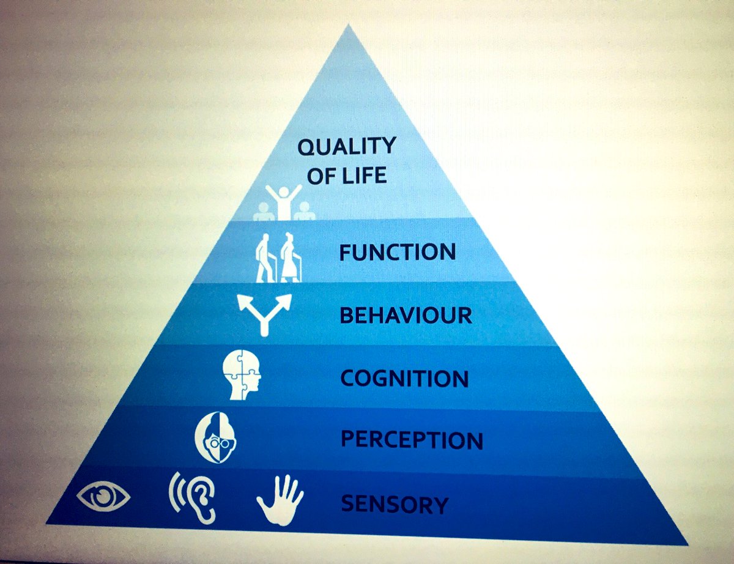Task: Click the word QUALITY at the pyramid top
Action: click(347, 147)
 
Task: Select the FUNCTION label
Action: click(398, 252)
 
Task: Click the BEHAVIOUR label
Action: click(406, 316)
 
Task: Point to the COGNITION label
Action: click(404, 378)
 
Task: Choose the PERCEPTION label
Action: click(412, 440)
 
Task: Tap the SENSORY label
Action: click(395, 504)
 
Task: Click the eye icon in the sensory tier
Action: click(103, 497)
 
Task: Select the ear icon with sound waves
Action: click(195, 497)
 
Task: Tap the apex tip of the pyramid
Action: click(349, 26)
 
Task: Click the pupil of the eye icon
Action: click(103, 497)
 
